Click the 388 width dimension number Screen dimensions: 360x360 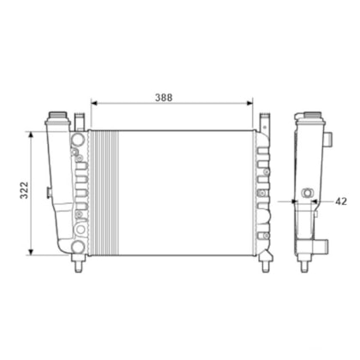click(164, 98)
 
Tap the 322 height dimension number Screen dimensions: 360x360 click(24, 190)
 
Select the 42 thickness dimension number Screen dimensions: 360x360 click(341, 201)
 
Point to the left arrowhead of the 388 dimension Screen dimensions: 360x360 click(94, 103)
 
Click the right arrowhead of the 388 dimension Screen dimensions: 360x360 click(249, 103)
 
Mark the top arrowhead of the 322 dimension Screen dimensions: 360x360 click(31, 135)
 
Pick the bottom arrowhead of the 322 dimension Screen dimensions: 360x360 click(31, 252)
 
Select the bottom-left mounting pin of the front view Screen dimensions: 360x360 click(78, 263)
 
